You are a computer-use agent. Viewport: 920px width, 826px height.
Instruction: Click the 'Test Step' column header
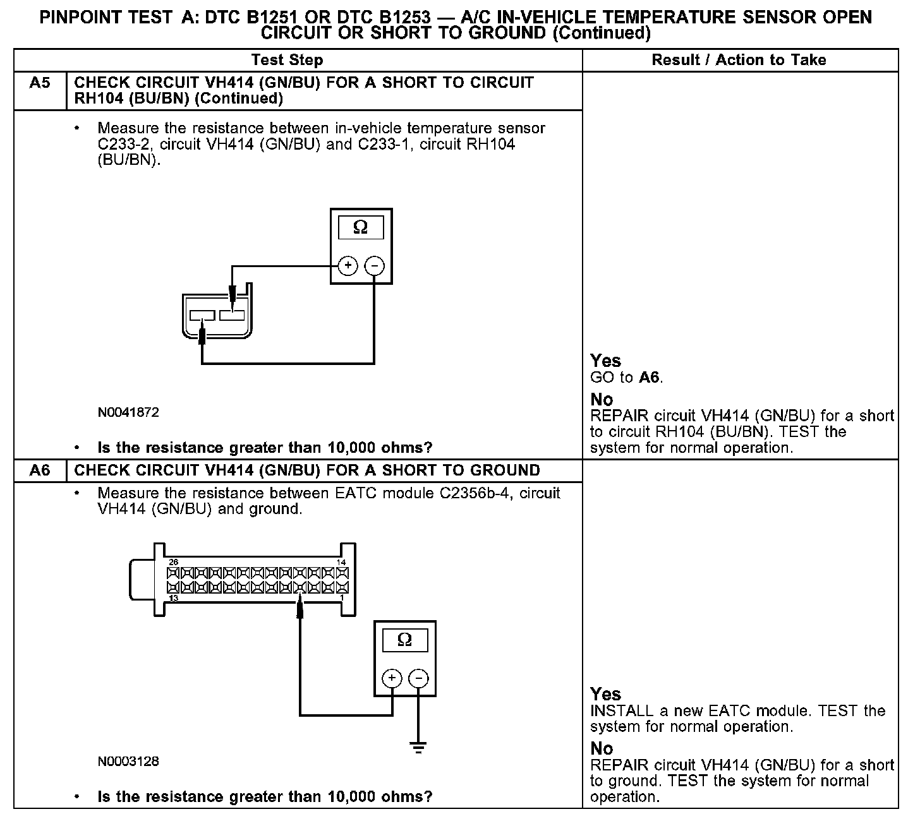287,60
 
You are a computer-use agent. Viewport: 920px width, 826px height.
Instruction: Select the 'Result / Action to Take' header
739,60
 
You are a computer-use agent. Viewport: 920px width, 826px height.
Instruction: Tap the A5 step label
40,83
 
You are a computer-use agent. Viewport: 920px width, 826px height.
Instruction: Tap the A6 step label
40,470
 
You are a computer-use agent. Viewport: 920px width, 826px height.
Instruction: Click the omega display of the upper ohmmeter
360,227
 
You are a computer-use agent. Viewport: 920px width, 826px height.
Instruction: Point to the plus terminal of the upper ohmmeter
348,266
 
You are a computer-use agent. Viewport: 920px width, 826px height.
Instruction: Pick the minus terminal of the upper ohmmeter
375,266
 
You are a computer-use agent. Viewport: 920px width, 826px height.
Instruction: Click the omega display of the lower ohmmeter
404,640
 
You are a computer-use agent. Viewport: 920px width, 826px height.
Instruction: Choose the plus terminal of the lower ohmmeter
392,679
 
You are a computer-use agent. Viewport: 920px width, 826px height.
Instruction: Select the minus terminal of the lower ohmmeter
418,679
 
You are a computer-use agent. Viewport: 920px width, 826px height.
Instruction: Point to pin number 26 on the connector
173,562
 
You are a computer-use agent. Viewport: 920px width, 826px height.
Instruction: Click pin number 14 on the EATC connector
341,562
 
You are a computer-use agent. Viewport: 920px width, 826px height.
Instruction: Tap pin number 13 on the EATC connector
173,597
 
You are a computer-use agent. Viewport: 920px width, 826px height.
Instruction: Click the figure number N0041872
128,413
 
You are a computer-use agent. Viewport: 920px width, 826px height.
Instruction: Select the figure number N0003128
128,762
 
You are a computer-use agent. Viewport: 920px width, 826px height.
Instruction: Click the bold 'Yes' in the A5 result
605,361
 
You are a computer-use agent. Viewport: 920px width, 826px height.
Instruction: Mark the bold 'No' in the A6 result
602,748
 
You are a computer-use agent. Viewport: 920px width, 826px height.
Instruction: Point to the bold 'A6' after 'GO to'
649,378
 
